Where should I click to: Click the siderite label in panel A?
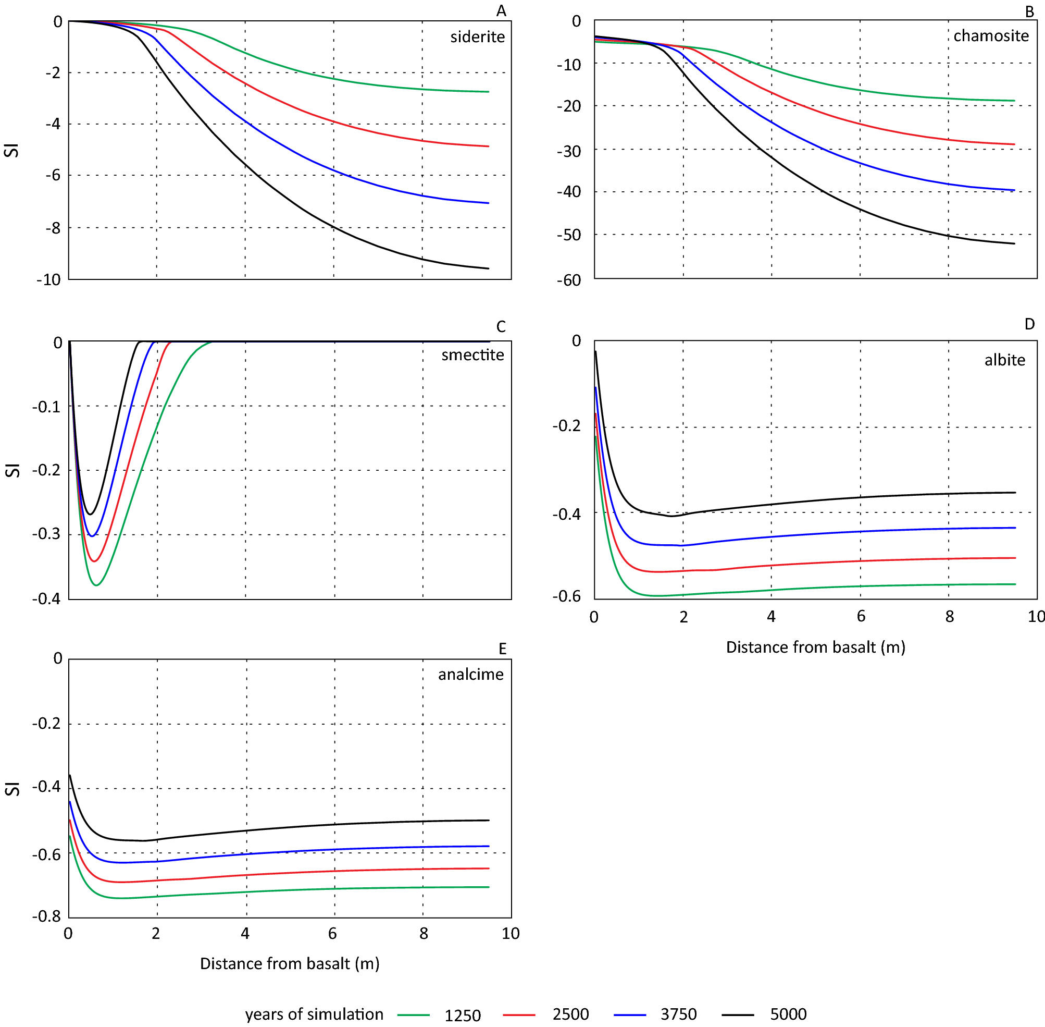478,36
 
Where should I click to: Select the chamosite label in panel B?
991,35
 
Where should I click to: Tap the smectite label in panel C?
472,354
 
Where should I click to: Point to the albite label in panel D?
1004,360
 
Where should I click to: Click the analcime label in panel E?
470,674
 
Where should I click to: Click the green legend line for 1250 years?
414,1014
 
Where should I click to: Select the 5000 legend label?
788,1014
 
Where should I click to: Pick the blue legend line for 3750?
629,1014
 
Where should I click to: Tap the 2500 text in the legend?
570,1014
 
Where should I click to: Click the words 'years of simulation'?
314,1014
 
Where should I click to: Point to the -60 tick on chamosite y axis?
568,280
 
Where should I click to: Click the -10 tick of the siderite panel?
48,280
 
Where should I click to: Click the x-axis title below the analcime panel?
290,963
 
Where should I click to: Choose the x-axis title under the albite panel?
815,647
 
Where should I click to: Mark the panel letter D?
1029,324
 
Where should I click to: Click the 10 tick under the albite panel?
1036,617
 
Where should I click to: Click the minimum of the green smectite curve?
96,585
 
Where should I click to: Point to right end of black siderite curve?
488,268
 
